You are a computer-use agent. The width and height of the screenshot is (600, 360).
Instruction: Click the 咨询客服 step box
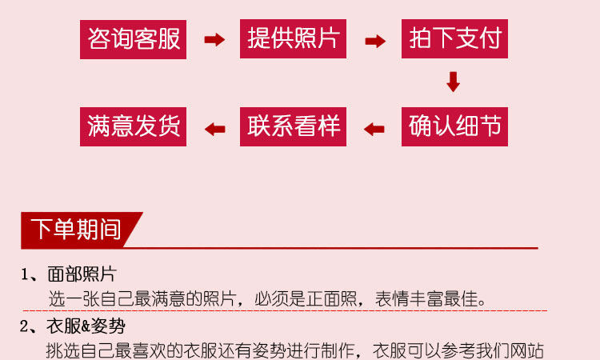(x=133, y=38)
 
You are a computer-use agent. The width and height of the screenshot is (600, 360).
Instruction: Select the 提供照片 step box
(x=293, y=38)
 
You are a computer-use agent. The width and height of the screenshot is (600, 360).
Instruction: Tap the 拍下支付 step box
(x=454, y=38)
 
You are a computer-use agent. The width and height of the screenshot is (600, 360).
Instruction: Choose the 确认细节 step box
(x=454, y=126)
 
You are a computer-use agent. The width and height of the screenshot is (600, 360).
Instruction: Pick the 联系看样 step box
(x=293, y=126)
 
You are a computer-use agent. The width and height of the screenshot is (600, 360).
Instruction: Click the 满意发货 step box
(x=133, y=126)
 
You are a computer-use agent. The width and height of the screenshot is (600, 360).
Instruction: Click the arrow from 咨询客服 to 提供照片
(x=214, y=39)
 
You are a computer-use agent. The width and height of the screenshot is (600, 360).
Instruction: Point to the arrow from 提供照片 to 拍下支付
(x=374, y=39)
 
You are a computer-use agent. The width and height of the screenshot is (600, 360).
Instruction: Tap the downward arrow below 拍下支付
(x=453, y=82)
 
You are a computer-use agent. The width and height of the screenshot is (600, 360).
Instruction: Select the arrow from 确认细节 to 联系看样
(x=374, y=127)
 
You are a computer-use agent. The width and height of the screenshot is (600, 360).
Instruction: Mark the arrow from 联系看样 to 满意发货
(x=214, y=127)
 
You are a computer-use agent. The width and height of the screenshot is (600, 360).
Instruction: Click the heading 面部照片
(x=82, y=275)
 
